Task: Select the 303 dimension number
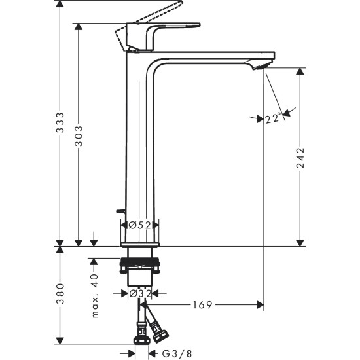[79, 138]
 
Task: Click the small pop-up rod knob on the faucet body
[119, 211]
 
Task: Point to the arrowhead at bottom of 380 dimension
[60, 340]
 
